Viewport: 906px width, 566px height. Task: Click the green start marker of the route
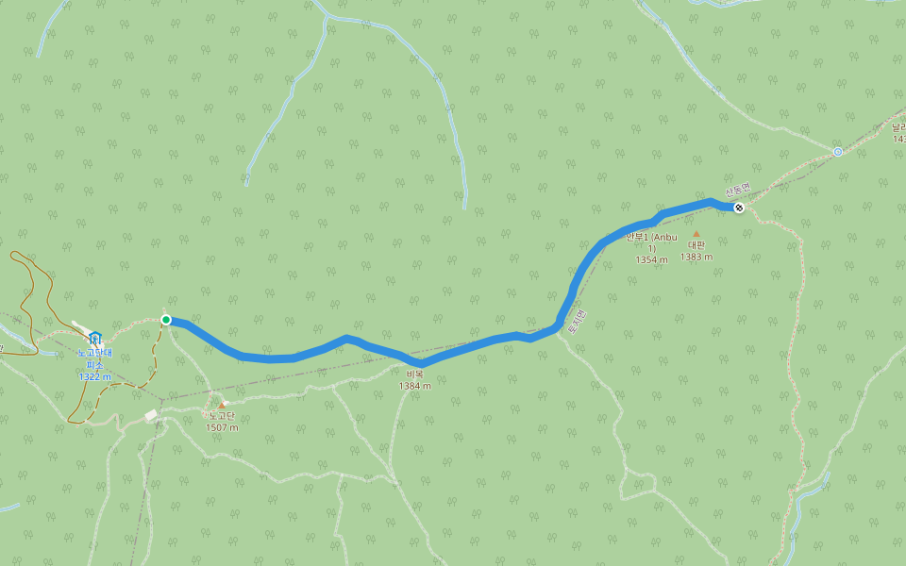point(166,320)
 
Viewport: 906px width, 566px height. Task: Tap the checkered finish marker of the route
point(739,208)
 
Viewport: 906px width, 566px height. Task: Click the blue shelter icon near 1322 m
point(94,338)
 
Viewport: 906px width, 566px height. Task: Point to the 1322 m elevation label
point(94,376)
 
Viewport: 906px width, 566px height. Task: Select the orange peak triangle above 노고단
point(222,406)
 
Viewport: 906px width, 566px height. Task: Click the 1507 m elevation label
point(222,427)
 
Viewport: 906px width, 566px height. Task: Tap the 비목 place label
point(414,375)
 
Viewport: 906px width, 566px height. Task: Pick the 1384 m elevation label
point(414,386)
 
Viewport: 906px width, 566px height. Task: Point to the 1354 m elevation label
point(651,259)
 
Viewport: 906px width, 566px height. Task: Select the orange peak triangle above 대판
point(696,234)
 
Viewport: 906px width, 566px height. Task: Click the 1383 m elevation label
point(696,257)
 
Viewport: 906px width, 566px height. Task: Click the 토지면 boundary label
point(577,323)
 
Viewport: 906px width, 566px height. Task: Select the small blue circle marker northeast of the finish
point(837,152)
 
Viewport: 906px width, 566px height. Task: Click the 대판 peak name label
point(696,245)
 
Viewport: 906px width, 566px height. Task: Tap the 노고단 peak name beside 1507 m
point(222,416)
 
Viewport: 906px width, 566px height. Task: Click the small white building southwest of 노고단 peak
point(151,415)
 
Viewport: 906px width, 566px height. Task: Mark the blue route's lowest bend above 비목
point(421,363)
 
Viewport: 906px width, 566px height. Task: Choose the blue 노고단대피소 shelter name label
point(94,358)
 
